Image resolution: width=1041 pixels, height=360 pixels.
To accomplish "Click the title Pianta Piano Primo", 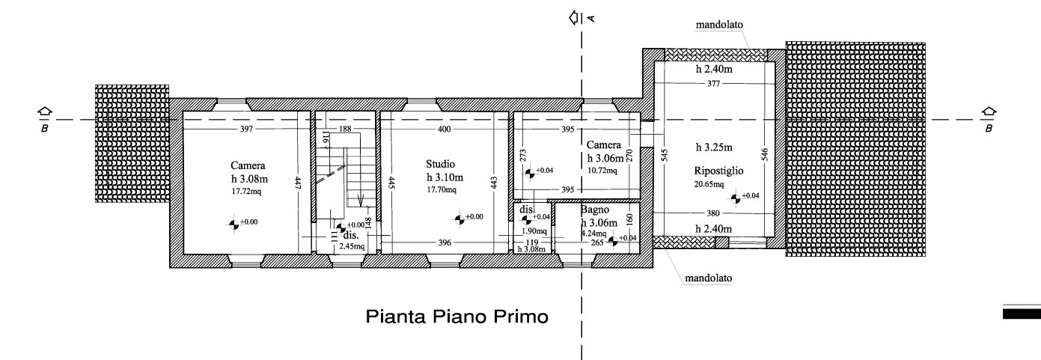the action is point(457,317).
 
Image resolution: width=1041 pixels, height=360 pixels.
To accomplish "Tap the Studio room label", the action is point(440,164).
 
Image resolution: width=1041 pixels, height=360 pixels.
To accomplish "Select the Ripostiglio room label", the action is point(718,171).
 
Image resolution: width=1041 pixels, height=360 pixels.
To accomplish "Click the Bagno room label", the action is point(594,210).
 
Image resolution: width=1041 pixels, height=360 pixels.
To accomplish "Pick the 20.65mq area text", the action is point(709,184).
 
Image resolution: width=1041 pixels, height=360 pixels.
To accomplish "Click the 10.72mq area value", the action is point(602,171).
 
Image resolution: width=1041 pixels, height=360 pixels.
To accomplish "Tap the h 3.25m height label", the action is point(714,147).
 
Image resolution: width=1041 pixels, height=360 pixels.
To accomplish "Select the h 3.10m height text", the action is point(445,177).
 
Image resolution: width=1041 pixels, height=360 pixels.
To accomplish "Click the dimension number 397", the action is point(246,129).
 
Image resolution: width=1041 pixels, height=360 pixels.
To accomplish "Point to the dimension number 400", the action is point(445,129).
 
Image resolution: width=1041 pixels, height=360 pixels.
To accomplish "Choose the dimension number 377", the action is point(713,84).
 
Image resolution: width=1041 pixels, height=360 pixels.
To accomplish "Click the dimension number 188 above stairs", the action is point(345,129).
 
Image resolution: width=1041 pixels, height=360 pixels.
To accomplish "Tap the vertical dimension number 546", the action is point(765,155).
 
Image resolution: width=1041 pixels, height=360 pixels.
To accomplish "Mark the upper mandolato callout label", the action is point(719,25).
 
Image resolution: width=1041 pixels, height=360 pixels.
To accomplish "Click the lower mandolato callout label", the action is point(708,278).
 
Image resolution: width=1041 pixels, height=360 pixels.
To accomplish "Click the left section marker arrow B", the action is point(45,112).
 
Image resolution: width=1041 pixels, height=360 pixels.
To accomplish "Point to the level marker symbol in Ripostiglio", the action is point(735,199).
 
